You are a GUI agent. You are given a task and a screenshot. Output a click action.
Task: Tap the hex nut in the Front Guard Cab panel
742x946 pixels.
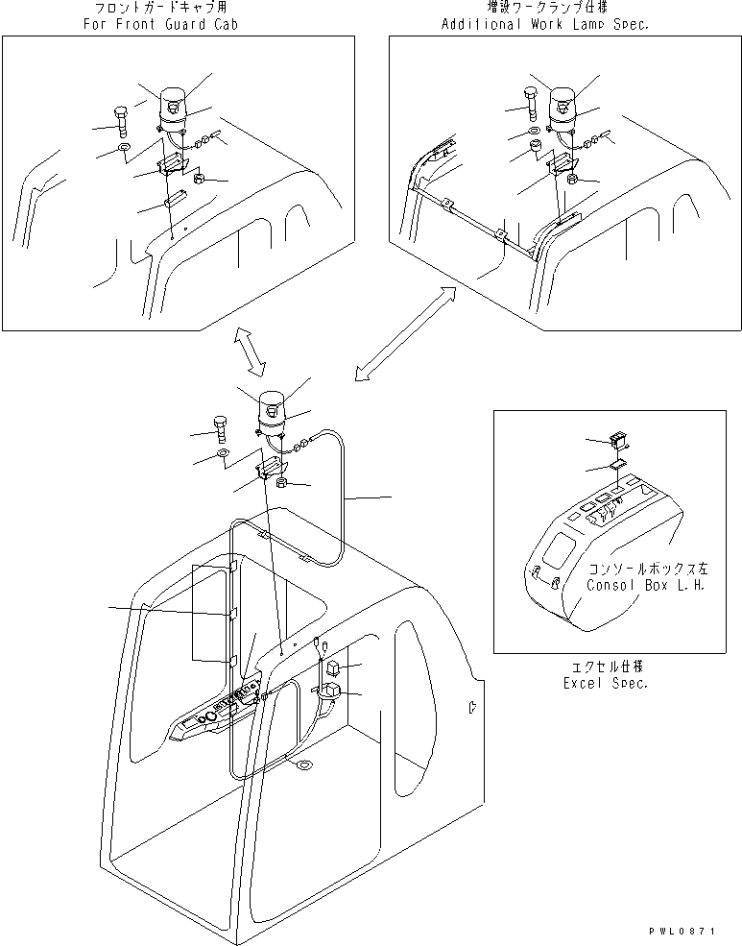click(x=198, y=179)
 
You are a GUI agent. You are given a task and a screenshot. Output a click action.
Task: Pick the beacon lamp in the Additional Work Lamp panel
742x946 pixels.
click(x=562, y=108)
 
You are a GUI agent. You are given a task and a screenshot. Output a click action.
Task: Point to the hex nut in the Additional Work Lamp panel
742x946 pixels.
click(x=570, y=179)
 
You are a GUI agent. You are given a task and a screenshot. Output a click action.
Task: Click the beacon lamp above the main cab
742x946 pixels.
click(x=271, y=408)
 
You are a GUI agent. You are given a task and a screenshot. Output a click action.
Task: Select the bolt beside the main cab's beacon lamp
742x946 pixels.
click(x=221, y=428)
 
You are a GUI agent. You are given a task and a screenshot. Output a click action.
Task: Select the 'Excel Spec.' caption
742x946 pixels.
click(x=605, y=683)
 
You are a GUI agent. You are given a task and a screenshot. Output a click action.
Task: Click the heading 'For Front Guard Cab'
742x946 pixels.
click(x=159, y=24)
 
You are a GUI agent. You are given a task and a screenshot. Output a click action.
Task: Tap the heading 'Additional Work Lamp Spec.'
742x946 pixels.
click(x=544, y=24)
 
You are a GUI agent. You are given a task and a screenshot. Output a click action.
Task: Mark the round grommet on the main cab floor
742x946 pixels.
click(x=304, y=764)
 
